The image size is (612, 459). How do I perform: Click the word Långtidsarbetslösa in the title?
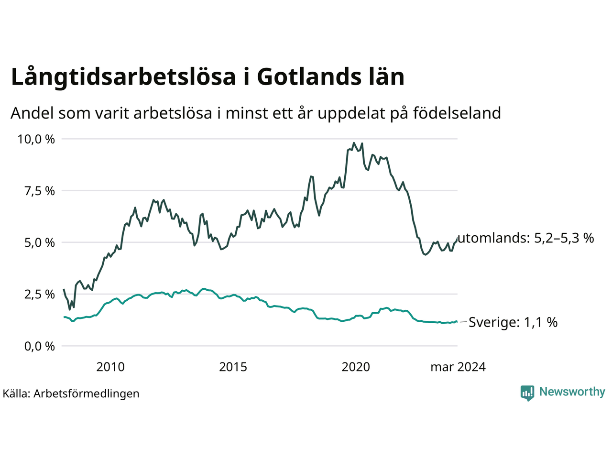123,77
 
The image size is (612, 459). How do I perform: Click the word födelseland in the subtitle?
457,113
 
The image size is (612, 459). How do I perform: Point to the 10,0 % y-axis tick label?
36,139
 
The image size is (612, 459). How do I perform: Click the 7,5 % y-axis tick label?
40,191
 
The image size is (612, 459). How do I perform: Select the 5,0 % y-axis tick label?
40,242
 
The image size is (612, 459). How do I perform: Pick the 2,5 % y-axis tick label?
40,295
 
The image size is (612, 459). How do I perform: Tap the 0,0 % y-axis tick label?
40,346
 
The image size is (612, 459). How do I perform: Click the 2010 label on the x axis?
110,367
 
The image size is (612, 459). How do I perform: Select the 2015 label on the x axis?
233,367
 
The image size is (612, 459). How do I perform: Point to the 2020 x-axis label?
356,367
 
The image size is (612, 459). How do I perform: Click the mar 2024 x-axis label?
458,367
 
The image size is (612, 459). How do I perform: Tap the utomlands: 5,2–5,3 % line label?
526,238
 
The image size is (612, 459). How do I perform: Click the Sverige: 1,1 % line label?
513,322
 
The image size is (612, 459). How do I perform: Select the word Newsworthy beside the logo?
572,392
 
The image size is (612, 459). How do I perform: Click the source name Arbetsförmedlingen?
87,393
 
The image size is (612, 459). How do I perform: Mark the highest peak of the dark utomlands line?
354,143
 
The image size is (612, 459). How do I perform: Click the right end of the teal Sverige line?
457,322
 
